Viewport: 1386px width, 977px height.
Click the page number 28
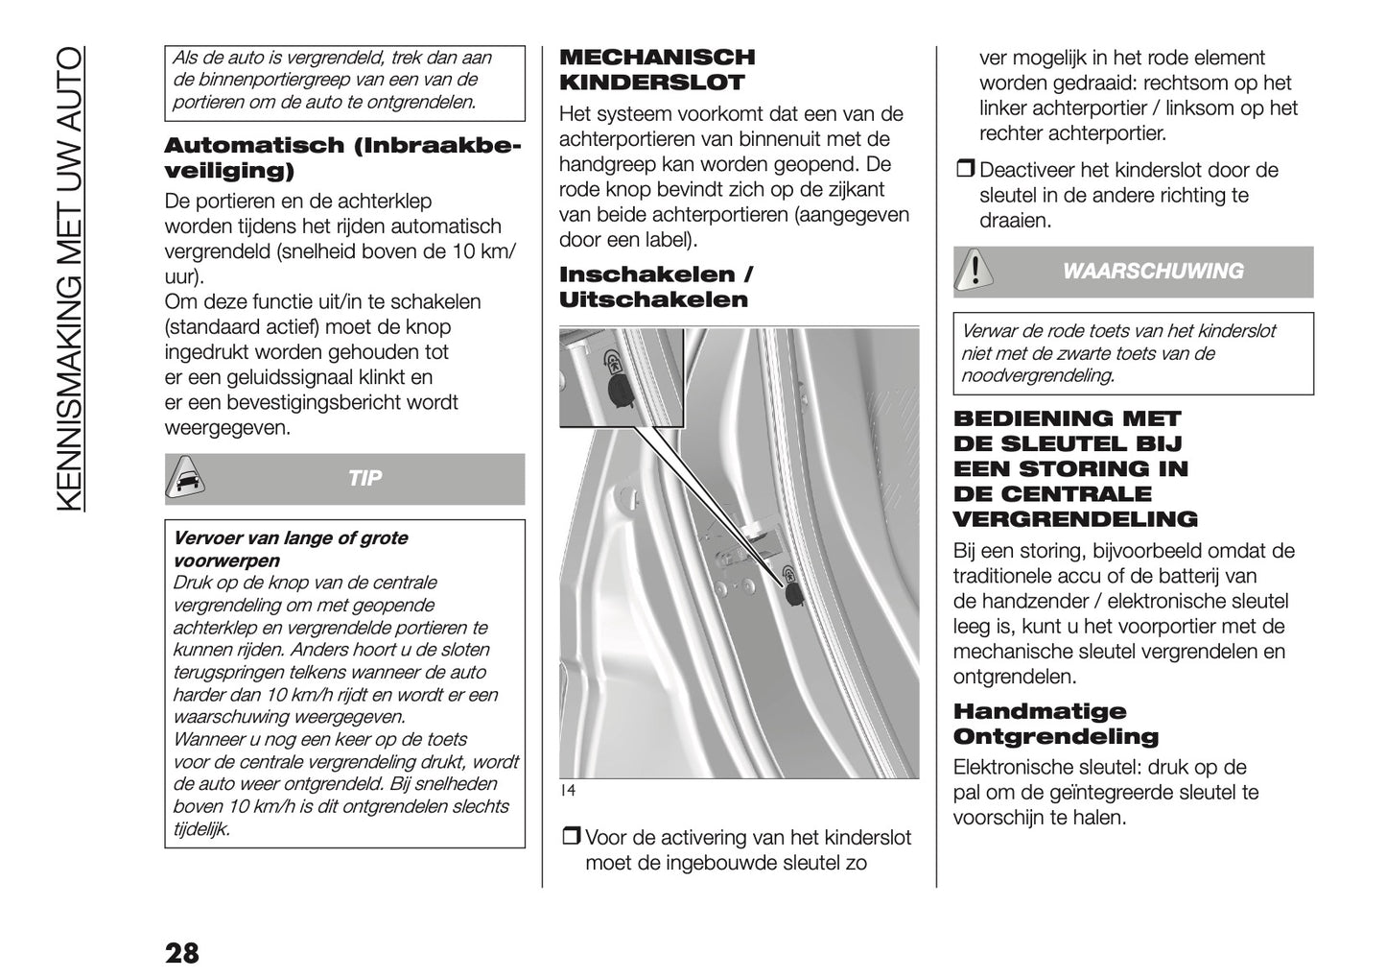[x=182, y=953]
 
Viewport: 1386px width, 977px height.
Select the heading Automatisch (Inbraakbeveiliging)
[x=342, y=158]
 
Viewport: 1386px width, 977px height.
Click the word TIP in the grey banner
[x=364, y=479]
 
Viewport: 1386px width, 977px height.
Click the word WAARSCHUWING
[x=1153, y=272]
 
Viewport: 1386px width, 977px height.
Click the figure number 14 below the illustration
[x=567, y=791]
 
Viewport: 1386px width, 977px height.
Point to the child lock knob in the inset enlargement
[x=617, y=390]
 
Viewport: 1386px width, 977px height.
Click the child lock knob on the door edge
[x=794, y=594]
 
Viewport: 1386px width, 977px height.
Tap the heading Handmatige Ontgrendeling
[x=1055, y=725]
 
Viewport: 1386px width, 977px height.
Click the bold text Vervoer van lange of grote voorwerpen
[x=290, y=549]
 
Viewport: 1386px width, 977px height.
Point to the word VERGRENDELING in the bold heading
[x=1074, y=520]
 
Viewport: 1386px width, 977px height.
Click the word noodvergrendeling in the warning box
[x=1037, y=376]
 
